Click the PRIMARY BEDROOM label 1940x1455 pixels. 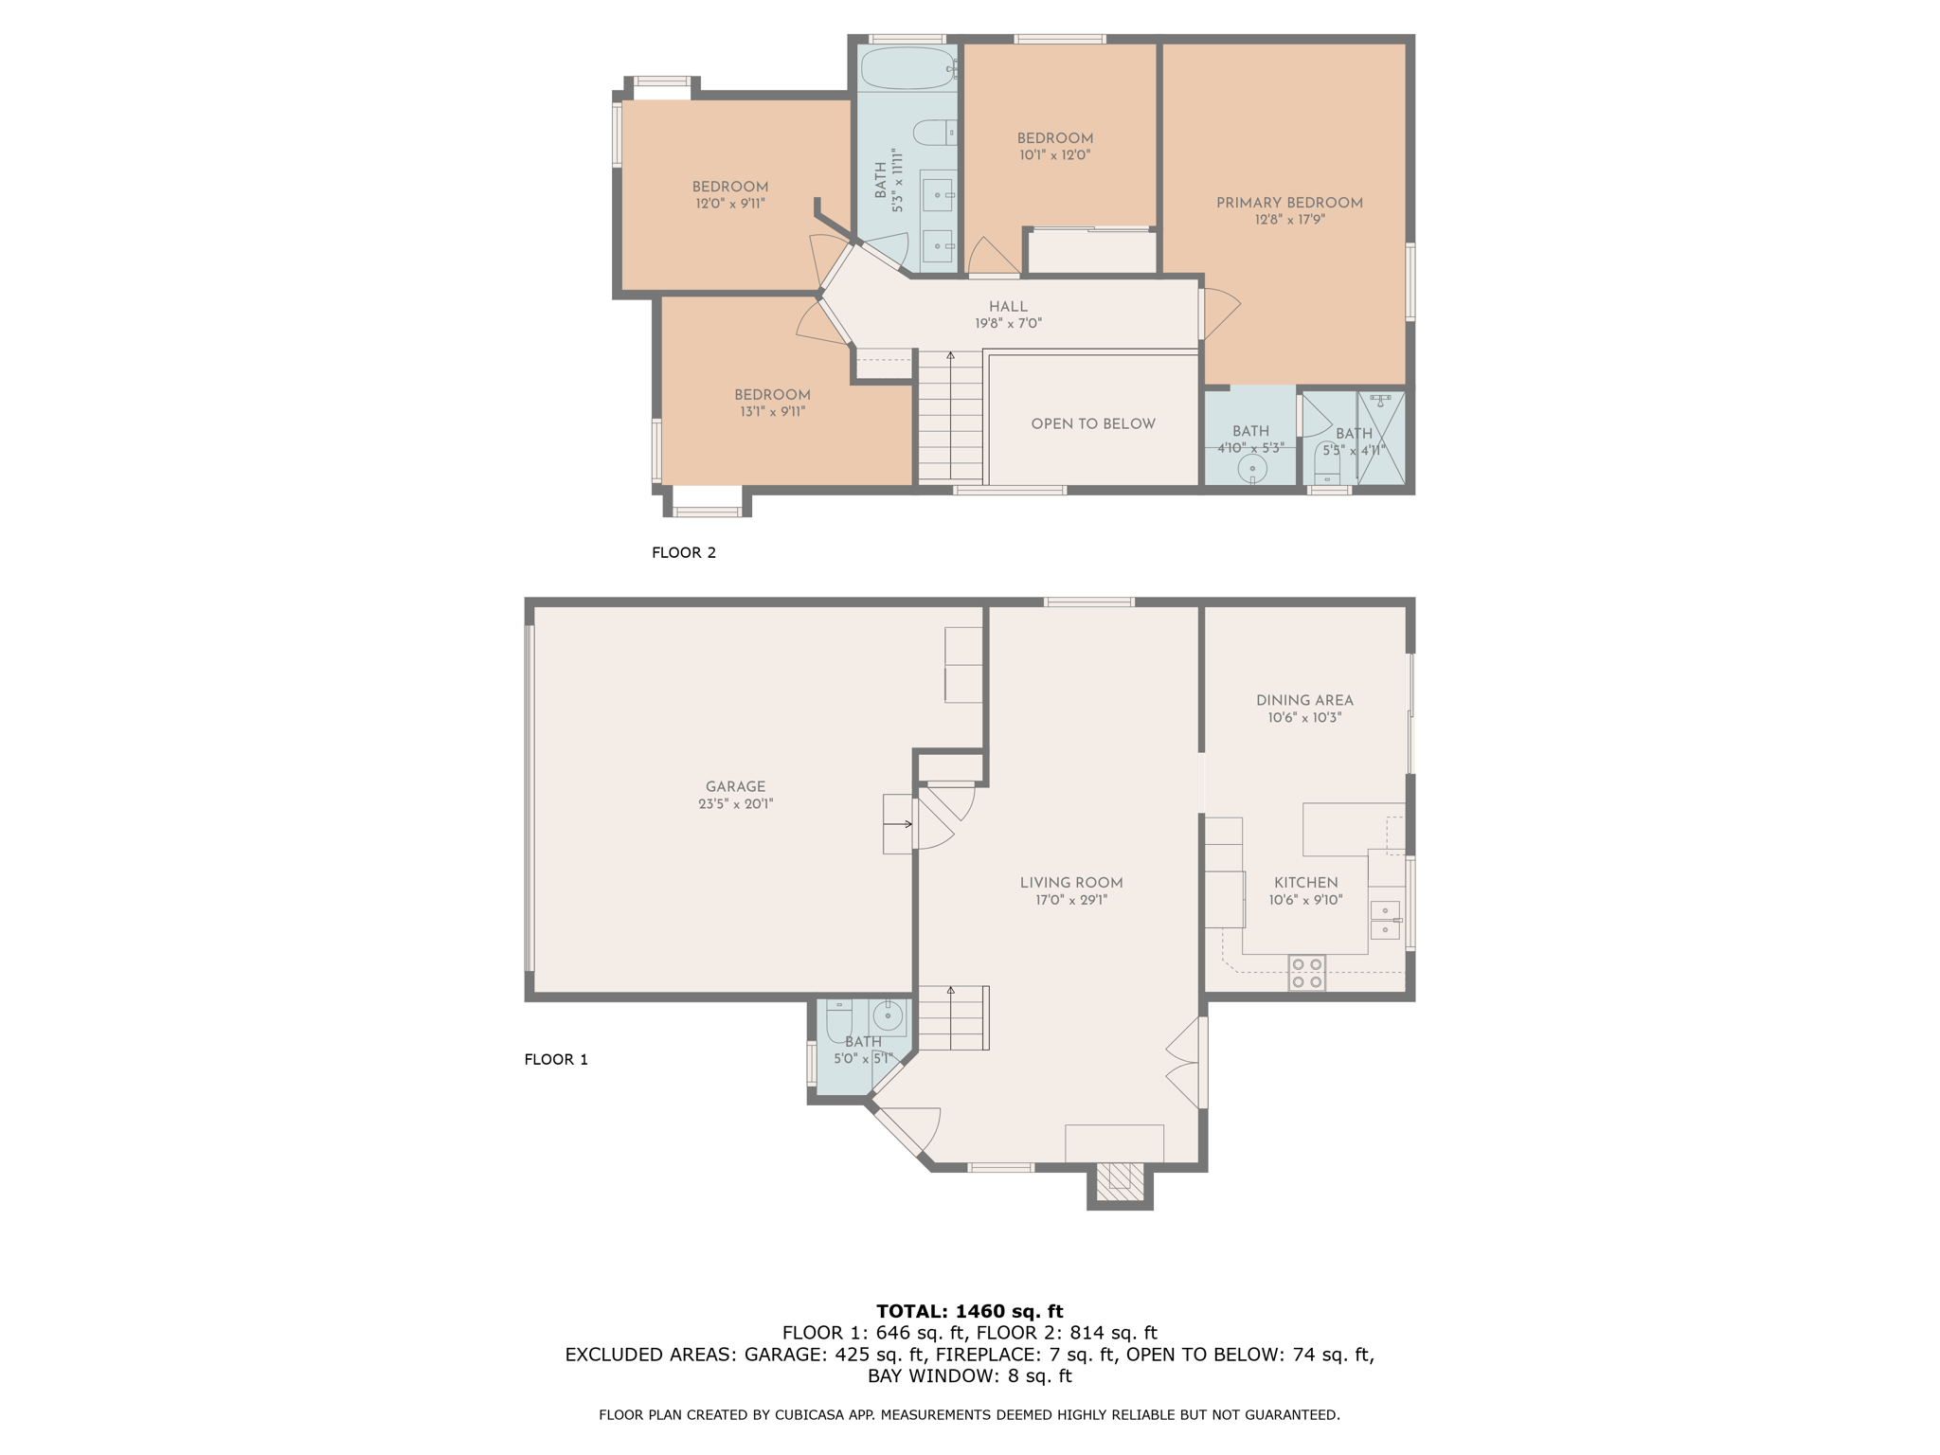tap(1289, 203)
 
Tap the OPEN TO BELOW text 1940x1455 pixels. tap(1093, 423)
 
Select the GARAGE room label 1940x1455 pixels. tap(735, 786)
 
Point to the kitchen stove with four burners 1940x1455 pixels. tap(1306, 973)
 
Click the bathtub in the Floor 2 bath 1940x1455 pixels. tap(907, 67)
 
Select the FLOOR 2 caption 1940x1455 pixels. tap(683, 552)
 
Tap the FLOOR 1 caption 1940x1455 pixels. tap(556, 1059)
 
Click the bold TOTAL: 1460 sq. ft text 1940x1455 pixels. tap(969, 1311)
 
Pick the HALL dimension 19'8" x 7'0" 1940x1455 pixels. tap(1008, 323)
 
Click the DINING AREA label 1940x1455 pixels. tap(1304, 700)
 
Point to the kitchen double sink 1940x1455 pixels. tap(1384, 920)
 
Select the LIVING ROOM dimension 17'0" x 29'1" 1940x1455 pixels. tap(1070, 900)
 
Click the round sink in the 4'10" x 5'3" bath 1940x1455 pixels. tap(1252, 469)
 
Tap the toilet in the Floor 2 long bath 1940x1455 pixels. tap(934, 133)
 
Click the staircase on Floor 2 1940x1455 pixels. tap(950, 417)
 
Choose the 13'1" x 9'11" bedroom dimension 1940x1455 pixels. tap(772, 411)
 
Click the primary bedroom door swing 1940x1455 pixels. tap(1220, 313)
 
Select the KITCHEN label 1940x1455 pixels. tap(1305, 882)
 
